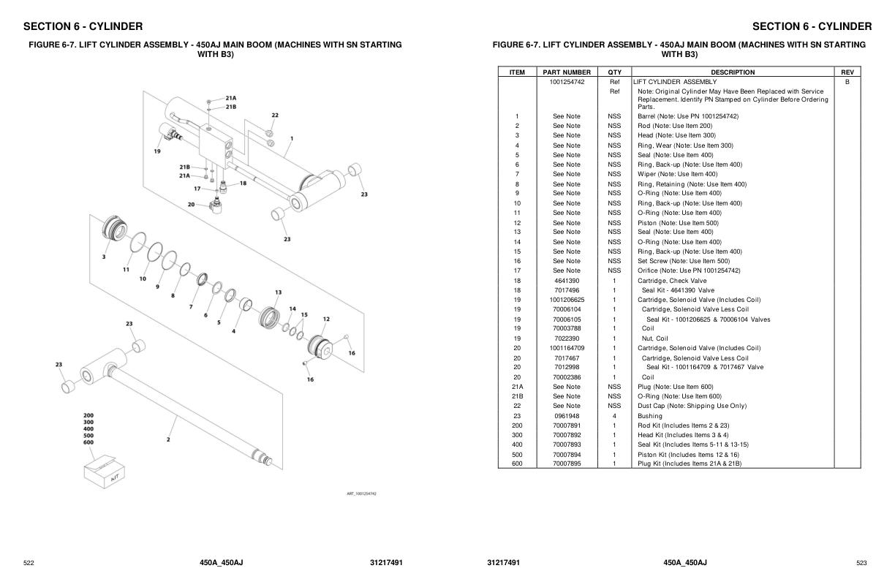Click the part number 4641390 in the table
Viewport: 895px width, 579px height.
[x=567, y=281]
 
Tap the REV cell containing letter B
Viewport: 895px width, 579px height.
[x=847, y=82]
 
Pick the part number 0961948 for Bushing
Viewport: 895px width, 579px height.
[x=567, y=416]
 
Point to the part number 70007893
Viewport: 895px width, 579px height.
[x=567, y=444]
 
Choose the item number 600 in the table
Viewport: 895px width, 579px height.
[x=517, y=463]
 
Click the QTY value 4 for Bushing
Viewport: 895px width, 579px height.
[x=614, y=416]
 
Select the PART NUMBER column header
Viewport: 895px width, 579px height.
[x=567, y=72]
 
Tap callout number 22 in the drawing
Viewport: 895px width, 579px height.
[x=275, y=116]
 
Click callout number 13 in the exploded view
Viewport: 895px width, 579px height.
[x=278, y=292]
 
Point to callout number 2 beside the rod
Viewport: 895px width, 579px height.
[x=168, y=439]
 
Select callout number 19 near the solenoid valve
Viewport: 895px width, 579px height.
[x=157, y=151]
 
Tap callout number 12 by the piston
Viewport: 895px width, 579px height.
[x=326, y=319]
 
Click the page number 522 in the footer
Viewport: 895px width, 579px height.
[x=29, y=563]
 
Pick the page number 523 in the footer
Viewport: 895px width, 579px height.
[x=861, y=563]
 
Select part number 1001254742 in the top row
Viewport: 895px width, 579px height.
[x=567, y=82]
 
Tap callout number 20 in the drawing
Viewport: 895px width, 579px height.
[x=191, y=205]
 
